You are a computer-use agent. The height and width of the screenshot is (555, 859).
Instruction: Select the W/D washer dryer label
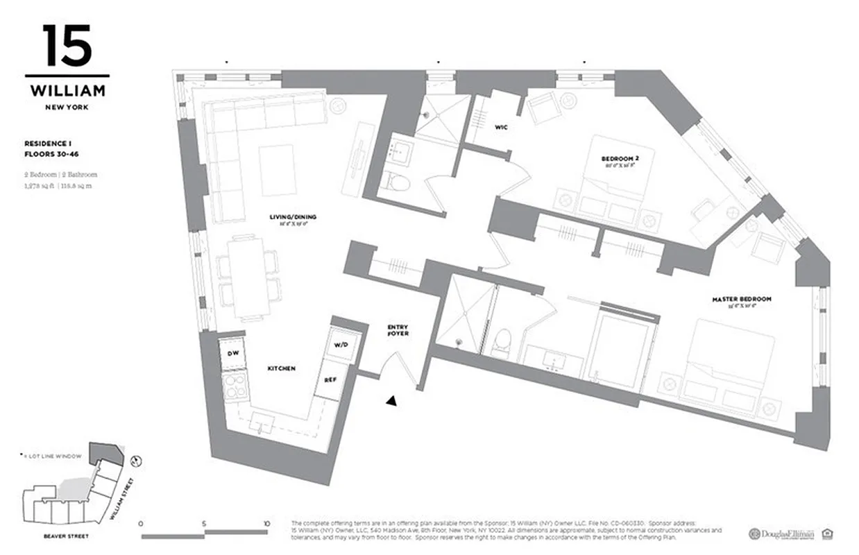click(341, 344)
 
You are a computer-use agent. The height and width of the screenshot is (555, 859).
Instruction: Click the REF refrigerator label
click(330, 380)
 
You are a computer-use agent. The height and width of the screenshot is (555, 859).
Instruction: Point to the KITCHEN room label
click(281, 368)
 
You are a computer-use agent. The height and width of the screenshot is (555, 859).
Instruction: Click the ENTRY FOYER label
click(398, 330)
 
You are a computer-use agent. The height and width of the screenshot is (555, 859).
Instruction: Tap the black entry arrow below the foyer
click(392, 400)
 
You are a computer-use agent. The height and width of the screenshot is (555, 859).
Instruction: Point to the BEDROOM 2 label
click(619, 159)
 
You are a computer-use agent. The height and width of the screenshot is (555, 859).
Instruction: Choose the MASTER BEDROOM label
click(741, 299)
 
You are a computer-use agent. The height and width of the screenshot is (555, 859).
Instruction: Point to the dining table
click(248, 276)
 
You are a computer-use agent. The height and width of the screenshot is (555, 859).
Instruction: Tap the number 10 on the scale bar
click(266, 523)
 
